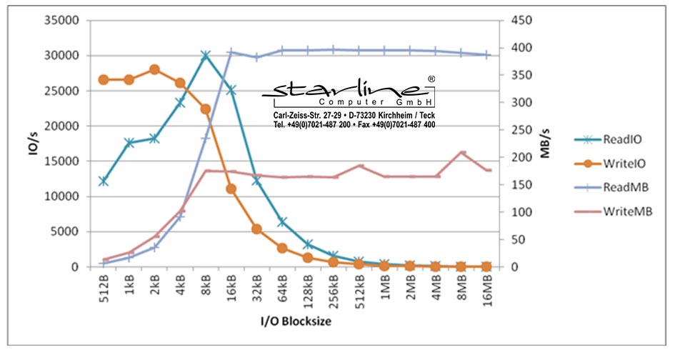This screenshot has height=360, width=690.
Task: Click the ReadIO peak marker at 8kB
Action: [x=206, y=55]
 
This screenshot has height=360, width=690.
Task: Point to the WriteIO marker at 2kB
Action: [x=154, y=69]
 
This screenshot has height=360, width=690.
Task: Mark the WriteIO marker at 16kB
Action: [x=231, y=189]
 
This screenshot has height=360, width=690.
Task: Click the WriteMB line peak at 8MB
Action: [x=462, y=152]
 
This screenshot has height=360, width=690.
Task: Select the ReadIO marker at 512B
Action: [x=104, y=181]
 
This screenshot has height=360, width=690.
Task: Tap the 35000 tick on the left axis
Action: [x=61, y=21]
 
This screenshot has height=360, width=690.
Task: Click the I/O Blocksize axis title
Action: [x=296, y=321]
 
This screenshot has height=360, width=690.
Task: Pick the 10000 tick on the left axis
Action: [x=61, y=196]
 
